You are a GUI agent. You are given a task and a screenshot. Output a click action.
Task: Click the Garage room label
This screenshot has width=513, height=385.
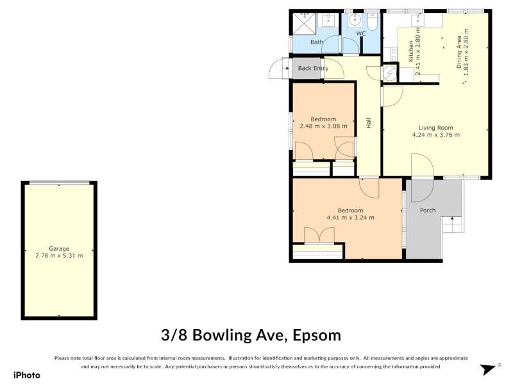[x=59, y=248]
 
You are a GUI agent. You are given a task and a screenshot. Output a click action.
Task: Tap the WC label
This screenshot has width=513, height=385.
[x=361, y=33]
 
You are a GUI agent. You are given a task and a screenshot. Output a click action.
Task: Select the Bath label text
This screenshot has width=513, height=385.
[x=317, y=42]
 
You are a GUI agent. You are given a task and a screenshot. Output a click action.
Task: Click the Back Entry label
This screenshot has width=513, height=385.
[x=313, y=68]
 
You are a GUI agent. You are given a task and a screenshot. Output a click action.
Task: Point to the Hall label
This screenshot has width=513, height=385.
[x=369, y=123]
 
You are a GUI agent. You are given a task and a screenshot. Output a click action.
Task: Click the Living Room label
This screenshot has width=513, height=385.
[x=436, y=128]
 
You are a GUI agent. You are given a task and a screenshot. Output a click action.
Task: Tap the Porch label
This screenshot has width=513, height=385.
[x=428, y=210]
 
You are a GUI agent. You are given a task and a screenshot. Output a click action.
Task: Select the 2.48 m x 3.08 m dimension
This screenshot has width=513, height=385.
[x=323, y=126]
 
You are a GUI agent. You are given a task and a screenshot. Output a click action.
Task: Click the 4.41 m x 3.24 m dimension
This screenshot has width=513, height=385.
[x=350, y=218]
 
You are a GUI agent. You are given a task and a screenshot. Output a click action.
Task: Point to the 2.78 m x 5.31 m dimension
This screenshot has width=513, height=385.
[x=59, y=255]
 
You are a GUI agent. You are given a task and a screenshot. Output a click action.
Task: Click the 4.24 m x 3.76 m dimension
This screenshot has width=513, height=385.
[x=436, y=135]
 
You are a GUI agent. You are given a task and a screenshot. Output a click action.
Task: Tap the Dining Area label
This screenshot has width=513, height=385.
[x=459, y=53]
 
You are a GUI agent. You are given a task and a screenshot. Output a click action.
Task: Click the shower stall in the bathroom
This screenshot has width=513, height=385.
[x=304, y=23]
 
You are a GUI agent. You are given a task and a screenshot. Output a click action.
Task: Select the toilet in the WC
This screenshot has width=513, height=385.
[x=372, y=21]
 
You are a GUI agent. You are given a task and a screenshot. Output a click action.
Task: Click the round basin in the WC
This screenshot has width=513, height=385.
[x=355, y=21]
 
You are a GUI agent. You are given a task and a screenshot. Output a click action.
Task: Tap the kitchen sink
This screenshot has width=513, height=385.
[x=418, y=20]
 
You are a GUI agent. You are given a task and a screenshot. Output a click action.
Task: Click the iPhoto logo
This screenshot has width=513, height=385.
[x=27, y=375]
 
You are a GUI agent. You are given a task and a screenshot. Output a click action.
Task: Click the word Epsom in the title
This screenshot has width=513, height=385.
[x=317, y=336]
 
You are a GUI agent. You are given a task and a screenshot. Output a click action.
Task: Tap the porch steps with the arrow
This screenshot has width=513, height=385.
[x=453, y=225]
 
